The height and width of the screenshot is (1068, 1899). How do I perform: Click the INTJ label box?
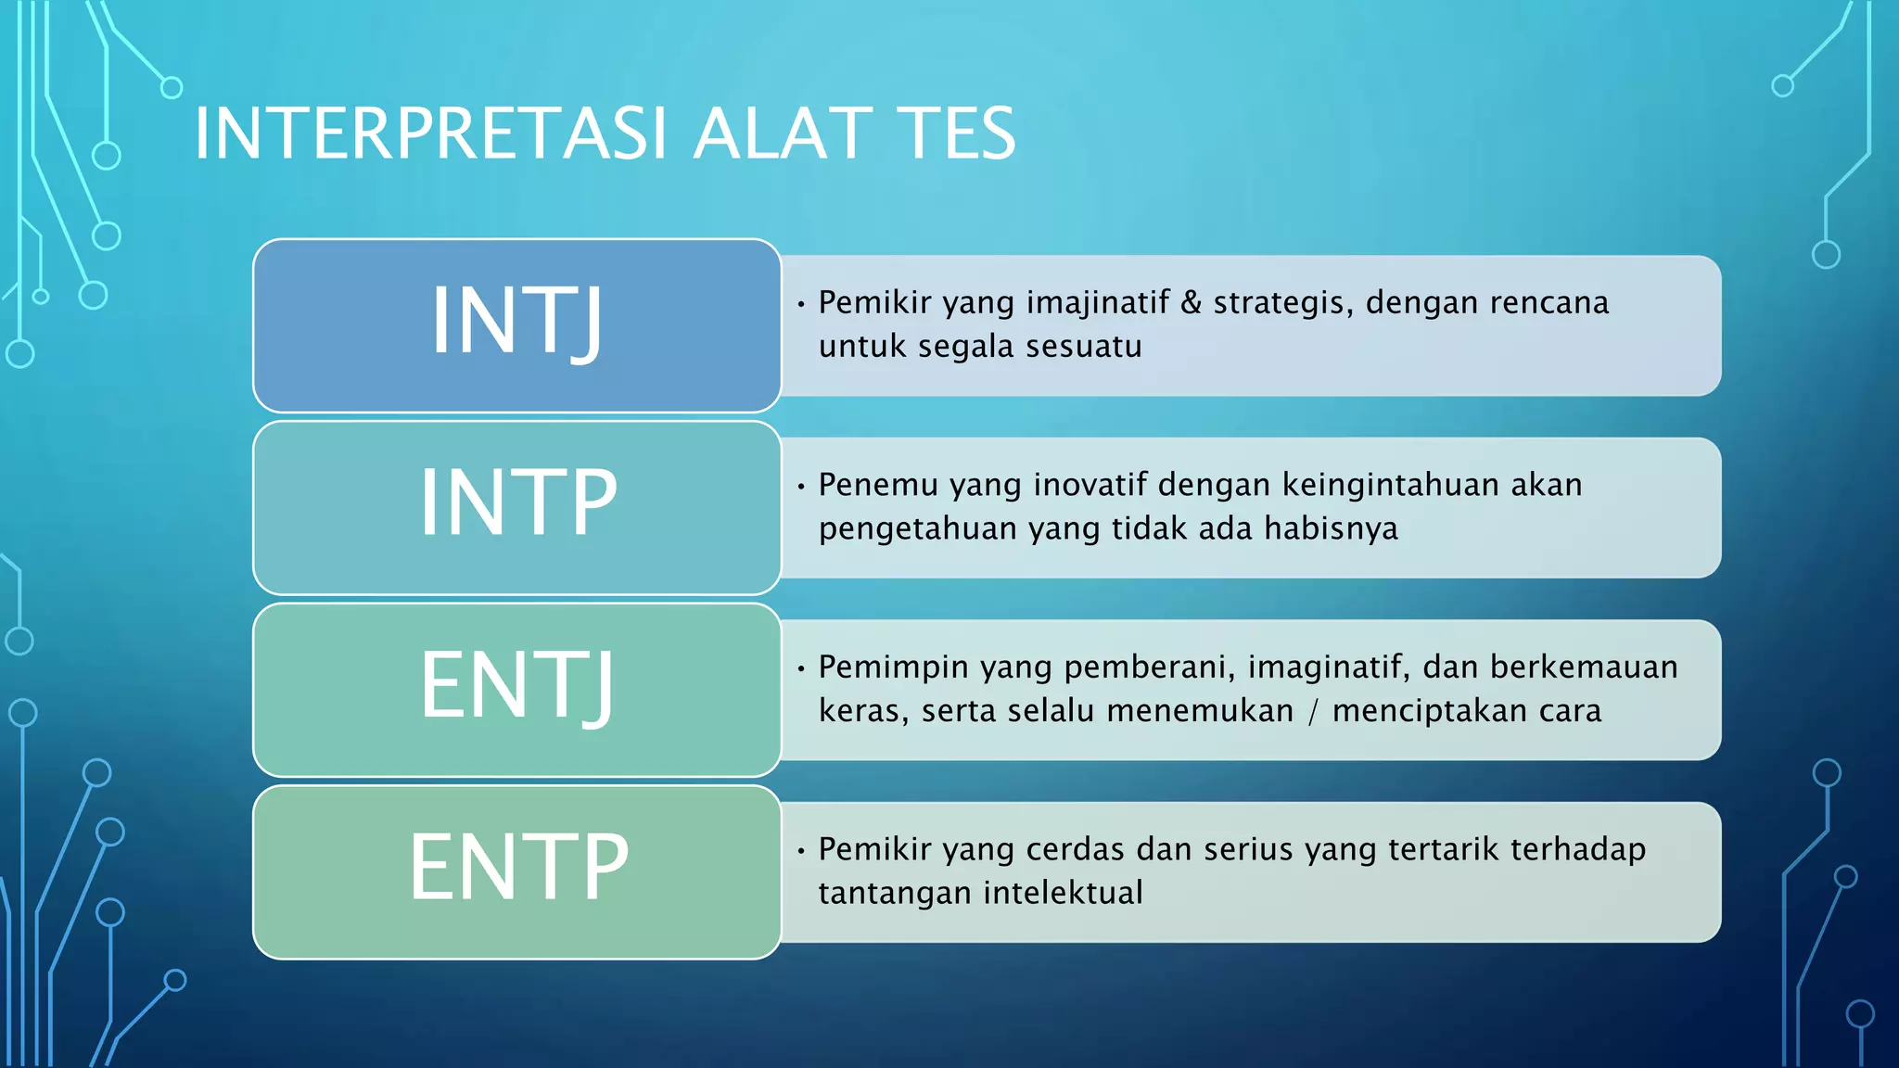pos(516,324)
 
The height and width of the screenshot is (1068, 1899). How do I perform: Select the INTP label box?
pos(516,506)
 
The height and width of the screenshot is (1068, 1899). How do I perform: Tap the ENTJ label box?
pos(516,689)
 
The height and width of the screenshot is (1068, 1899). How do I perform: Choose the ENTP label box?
pos(516,871)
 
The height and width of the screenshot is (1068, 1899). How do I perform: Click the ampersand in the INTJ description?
pos(1191,302)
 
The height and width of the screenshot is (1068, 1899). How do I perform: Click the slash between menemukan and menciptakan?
pos(1313,711)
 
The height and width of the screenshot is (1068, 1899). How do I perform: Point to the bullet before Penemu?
pos(800,485)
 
